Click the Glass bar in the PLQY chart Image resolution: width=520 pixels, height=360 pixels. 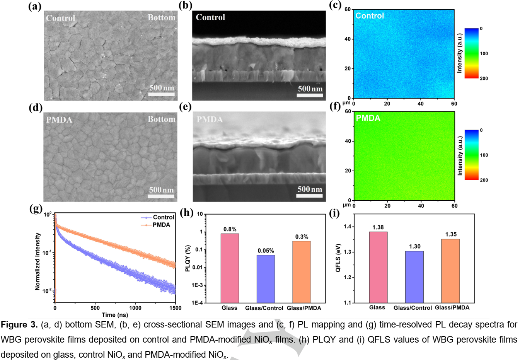tap(230, 268)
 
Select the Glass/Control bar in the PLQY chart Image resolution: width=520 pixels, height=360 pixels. tap(266, 278)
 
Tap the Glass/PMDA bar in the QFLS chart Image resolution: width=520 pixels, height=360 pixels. tap(450, 271)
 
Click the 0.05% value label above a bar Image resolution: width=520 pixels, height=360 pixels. tap(266, 251)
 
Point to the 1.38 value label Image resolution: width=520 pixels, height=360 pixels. tap(378, 227)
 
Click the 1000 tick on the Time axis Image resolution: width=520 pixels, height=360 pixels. tap(135, 308)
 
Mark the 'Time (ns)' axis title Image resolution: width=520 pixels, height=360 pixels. tap(115, 315)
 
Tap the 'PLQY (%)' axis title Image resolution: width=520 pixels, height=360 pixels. tap(188, 258)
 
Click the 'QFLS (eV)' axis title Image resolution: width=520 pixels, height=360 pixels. tap(338, 258)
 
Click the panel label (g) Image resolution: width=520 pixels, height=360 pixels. tap(36, 209)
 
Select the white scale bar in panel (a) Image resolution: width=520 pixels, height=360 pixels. tap(162, 94)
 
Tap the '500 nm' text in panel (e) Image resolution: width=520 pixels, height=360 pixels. tap(309, 189)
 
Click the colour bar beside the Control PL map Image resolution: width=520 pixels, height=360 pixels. tap(471, 53)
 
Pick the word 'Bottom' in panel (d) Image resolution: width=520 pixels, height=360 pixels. tap(162, 119)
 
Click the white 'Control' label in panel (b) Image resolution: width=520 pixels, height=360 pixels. tap(210, 17)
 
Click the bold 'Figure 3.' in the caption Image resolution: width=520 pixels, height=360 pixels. tap(19, 324)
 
